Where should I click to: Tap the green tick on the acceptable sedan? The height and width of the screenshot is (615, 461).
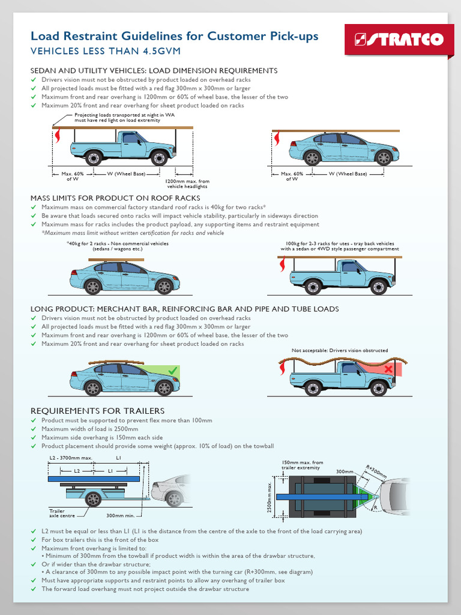pos(173,372)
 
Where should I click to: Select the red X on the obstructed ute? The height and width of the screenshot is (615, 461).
pos(389,368)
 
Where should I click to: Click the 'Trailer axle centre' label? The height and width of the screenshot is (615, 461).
pos(61,513)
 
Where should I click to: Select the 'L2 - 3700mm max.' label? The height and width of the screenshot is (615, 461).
pos(69,458)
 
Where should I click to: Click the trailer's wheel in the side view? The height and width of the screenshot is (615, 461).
pos(93,498)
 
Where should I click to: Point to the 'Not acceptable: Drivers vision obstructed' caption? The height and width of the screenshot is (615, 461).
pos(340,350)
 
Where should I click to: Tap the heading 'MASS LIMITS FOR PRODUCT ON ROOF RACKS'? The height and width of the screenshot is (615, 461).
pos(115,198)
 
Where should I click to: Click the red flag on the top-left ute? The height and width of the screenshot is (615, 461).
pos(58,138)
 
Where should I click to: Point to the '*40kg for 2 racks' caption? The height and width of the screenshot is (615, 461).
pos(118,246)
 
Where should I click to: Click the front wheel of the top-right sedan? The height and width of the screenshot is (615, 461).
pos(383,158)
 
